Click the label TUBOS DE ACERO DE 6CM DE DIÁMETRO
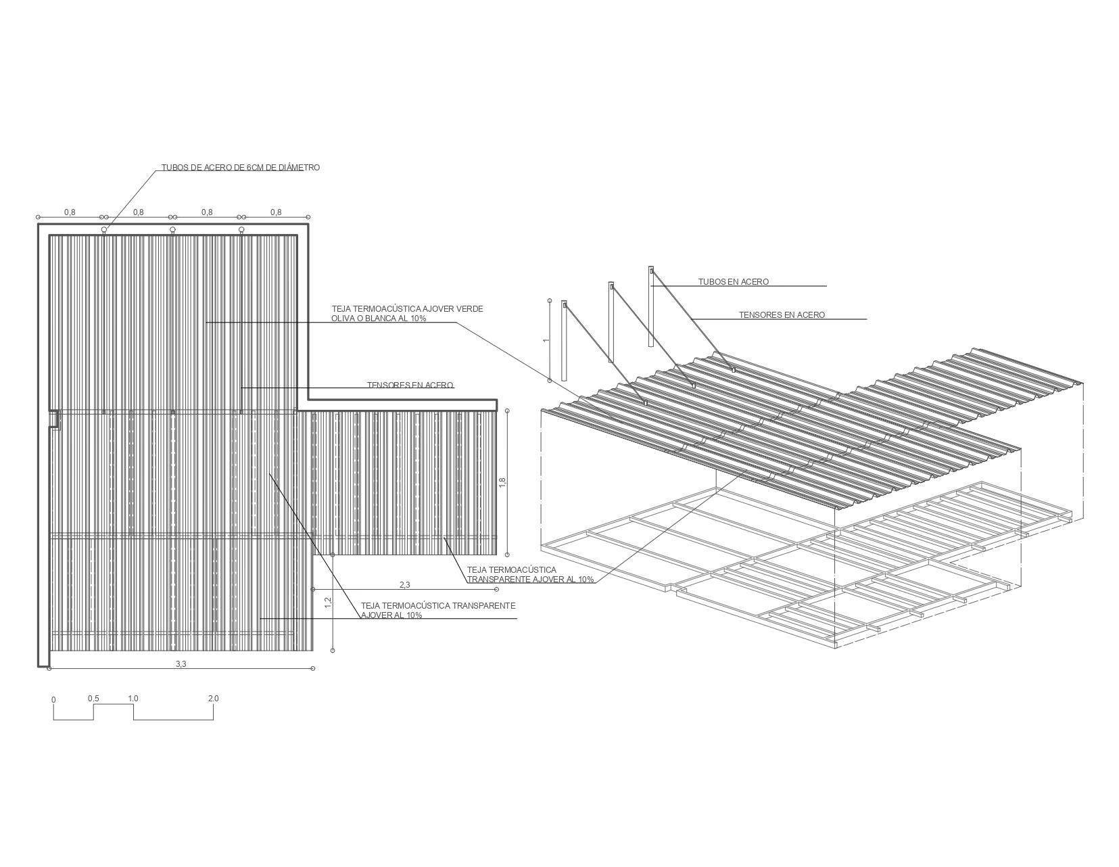point(240,168)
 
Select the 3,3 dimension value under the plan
point(181,664)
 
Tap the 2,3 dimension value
point(404,585)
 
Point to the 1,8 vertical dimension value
point(502,482)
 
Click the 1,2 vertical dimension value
point(328,602)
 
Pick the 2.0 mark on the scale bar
point(213,699)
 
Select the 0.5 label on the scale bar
point(93,699)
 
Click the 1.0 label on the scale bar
point(133,699)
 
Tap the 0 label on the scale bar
point(53,700)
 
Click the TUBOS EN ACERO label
point(733,282)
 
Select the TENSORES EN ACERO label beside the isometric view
point(781,315)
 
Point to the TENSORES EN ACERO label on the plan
point(410,385)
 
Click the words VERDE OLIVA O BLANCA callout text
point(406,314)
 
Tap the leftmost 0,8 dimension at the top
point(70,212)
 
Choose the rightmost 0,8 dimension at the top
point(276,212)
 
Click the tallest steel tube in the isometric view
point(651,308)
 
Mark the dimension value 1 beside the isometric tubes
point(546,340)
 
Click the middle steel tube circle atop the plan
point(172,230)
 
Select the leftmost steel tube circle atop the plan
point(104,230)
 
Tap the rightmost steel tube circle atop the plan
point(241,230)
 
